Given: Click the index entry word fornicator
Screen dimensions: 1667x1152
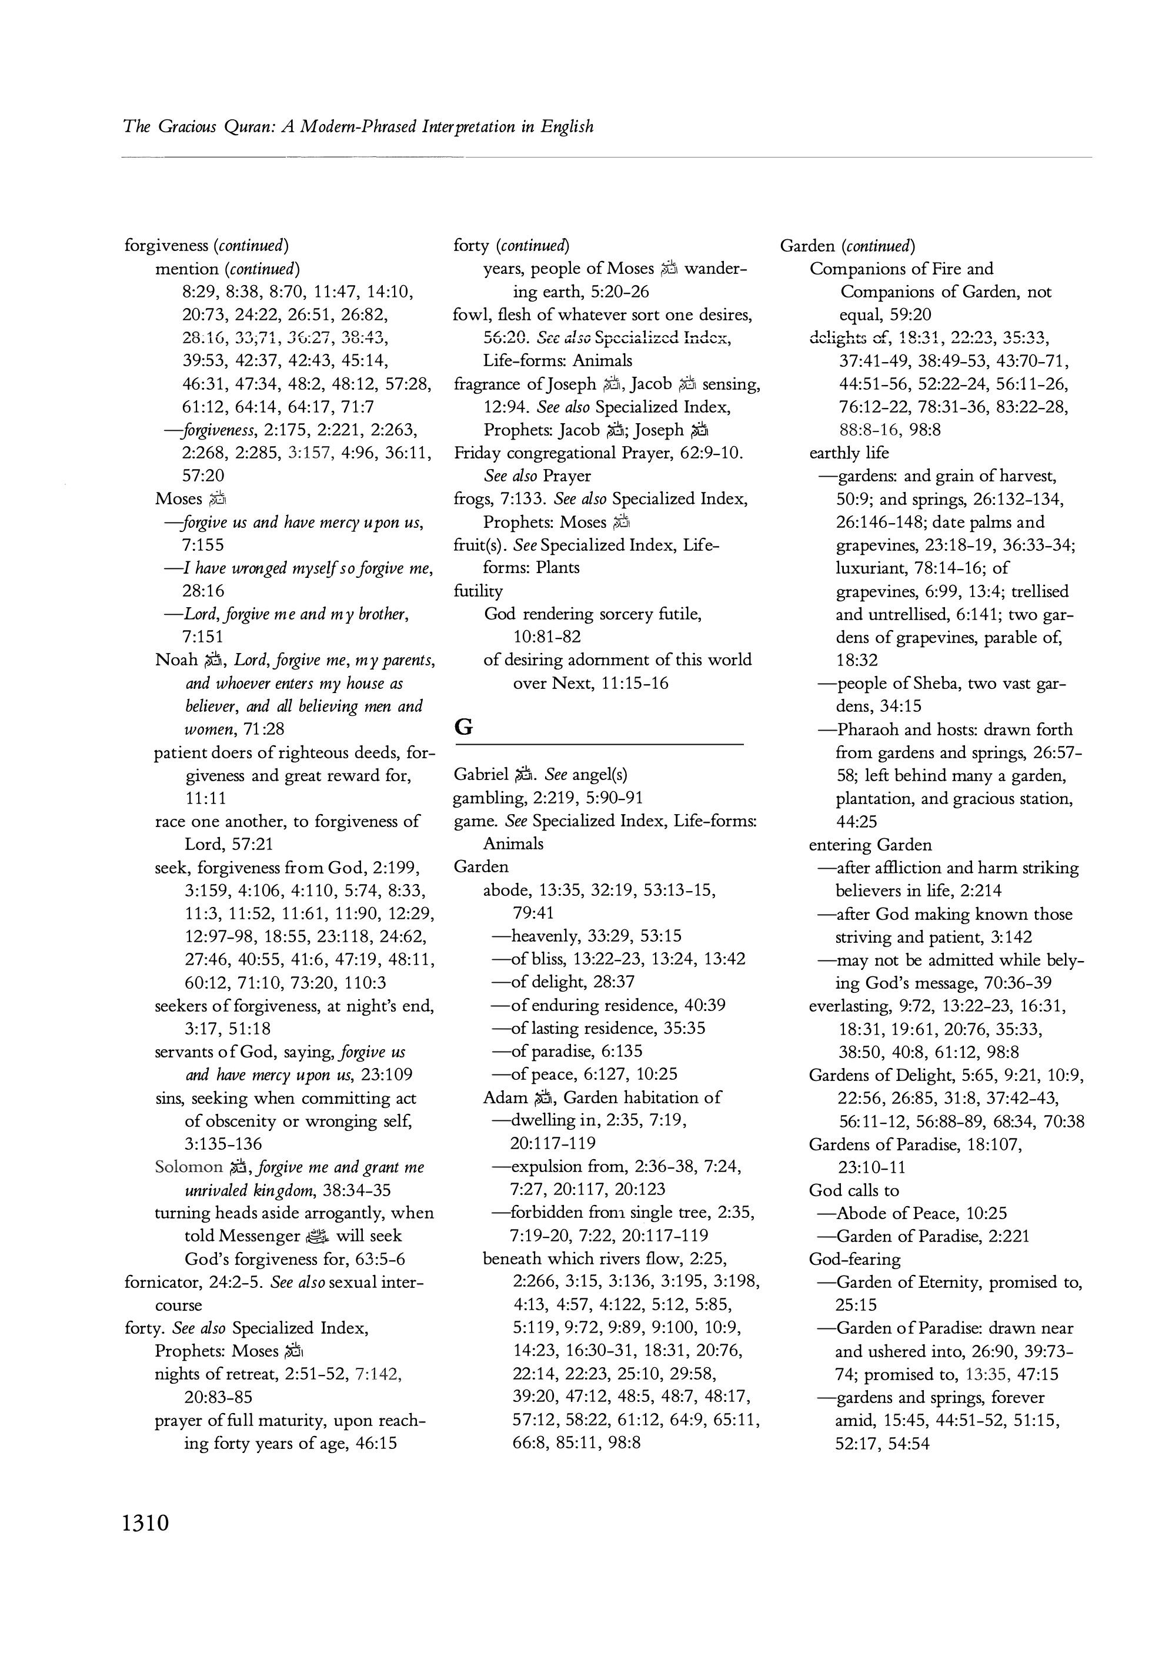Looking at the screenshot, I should click(x=160, y=1282).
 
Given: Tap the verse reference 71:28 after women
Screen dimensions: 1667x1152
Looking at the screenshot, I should click(x=263, y=729).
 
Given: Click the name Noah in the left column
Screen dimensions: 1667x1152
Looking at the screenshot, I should click(x=176, y=660).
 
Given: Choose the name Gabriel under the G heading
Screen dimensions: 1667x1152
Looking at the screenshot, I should click(x=480, y=774).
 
